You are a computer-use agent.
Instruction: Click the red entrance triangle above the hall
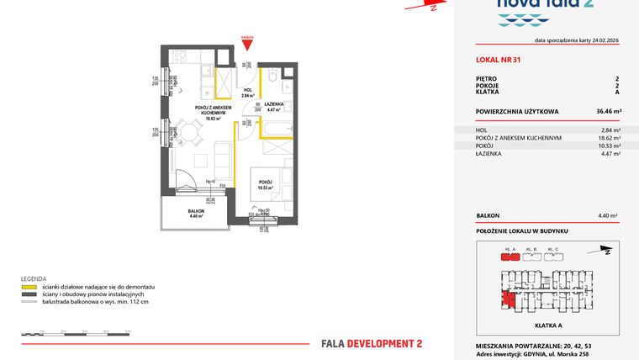point(246,44)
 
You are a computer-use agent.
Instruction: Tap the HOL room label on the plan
point(248,90)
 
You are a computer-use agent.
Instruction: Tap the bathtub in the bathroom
point(277,129)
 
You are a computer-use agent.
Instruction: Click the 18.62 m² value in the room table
point(610,138)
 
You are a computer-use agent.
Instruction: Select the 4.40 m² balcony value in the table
point(610,215)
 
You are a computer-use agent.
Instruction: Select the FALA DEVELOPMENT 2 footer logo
point(372,343)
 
